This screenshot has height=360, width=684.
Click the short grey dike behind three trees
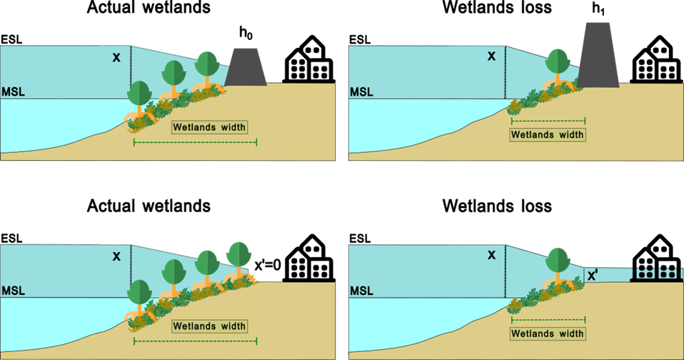pyautogui.click(x=247, y=68)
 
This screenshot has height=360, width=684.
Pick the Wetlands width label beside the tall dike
pyautogui.click(x=548, y=134)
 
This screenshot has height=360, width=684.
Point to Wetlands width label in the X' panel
pyautogui.click(x=548, y=333)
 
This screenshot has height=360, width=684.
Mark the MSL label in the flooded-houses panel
pyautogui.click(x=361, y=291)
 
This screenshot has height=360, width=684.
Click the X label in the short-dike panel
pyautogui.click(x=116, y=57)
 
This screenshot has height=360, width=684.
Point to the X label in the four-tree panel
pyautogui.click(x=116, y=256)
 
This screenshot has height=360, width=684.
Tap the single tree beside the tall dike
pyautogui.click(x=557, y=64)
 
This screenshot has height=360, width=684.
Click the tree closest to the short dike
pyautogui.click(x=207, y=66)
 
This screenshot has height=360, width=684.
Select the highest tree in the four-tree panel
pyautogui.click(x=238, y=256)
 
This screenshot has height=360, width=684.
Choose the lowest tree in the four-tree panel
pyautogui.click(x=139, y=294)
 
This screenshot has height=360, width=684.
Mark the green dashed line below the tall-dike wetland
pyautogui.click(x=548, y=121)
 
